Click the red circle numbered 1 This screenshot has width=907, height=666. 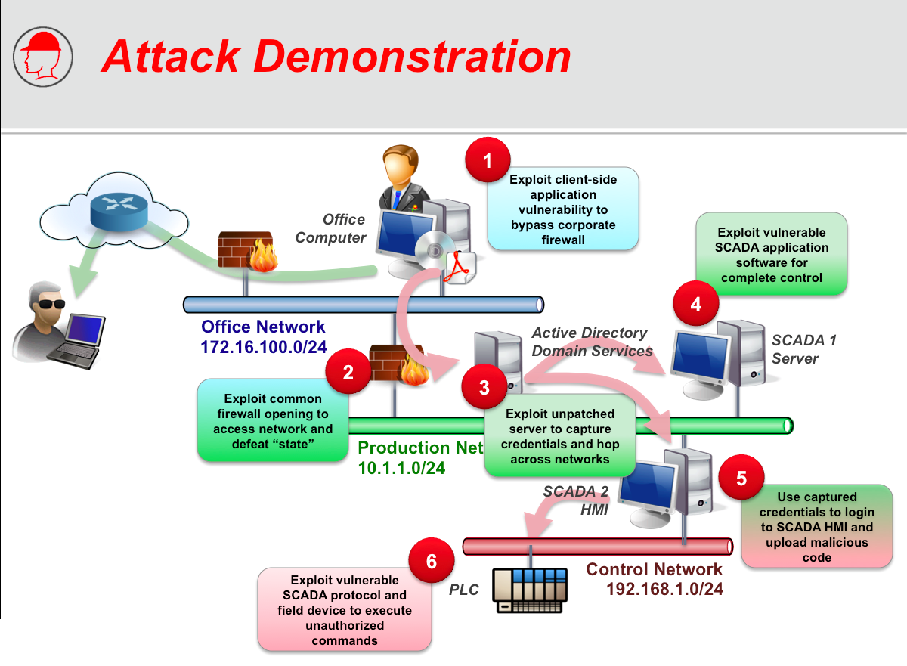(488, 160)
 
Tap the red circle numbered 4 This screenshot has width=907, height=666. (696, 304)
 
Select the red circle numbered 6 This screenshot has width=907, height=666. (432, 561)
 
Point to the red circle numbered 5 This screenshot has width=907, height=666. (741, 478)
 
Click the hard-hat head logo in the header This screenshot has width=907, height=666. (43, 54)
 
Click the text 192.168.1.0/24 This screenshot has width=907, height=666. (665, 589)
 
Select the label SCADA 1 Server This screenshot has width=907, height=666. (803, 349)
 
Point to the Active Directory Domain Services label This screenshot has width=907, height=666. (592, 342)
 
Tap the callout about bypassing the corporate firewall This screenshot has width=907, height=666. (562, 209)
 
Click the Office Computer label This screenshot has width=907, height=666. (332, 228)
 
